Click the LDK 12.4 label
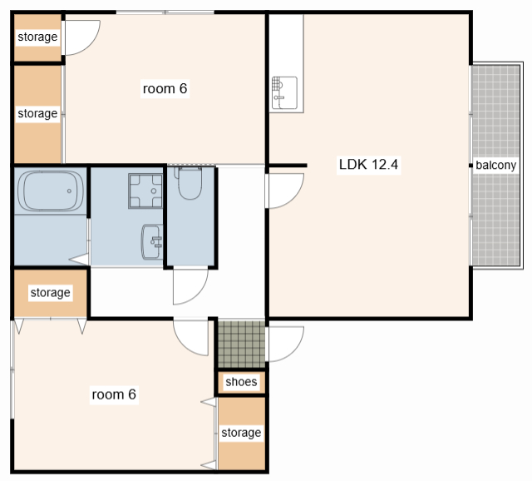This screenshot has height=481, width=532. (x=368, y=165)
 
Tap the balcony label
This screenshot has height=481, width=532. (x=495, y=165)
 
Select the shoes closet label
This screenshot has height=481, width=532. (x=241, y=382)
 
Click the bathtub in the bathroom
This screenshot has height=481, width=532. (x=51, y=191)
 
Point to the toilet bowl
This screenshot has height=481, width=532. (x=189, y=182)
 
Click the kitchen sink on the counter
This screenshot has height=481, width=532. (x=284, y=92)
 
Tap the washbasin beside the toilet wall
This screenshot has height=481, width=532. (x=151, y=241)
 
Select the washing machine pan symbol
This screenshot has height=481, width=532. (x=145, y=191)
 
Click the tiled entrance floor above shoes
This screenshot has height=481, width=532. (x=241, y=344)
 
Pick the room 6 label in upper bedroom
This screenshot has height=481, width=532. (x=165, y=89)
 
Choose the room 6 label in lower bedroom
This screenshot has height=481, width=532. (x=114, y=394)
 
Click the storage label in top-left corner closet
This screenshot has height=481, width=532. (x=37, y=37)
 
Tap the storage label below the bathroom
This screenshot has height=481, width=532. (x=50, y=292)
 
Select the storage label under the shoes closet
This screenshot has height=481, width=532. (x=241, y=433)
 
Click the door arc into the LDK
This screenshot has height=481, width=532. (x=293, y=198)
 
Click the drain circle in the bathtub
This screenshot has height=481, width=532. (x=69, y=191)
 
